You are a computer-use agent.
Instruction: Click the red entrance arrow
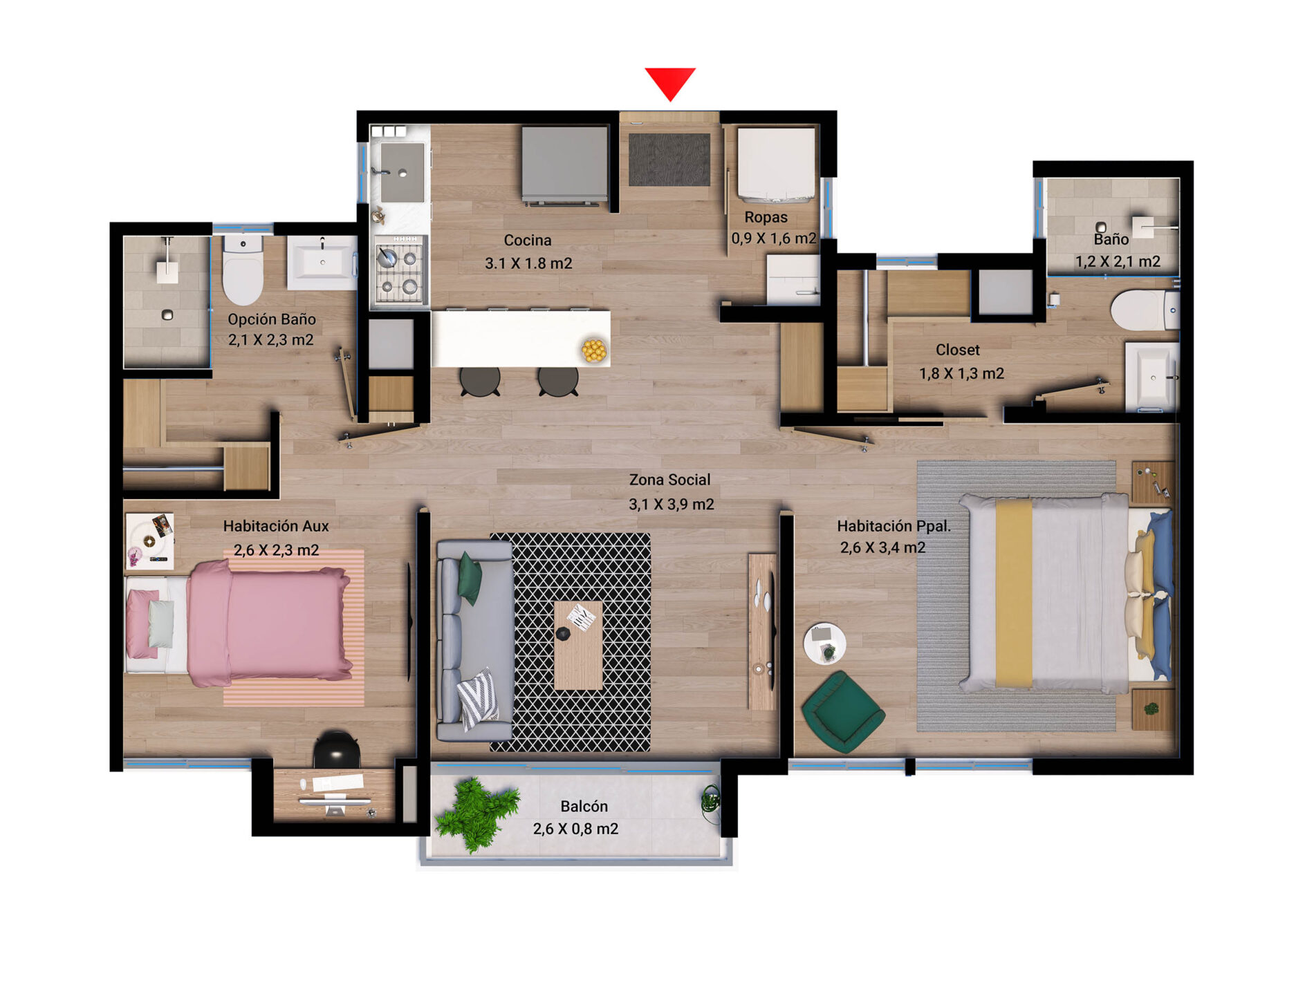[x=670, y=82]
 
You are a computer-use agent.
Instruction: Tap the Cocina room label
[x=528, y=241]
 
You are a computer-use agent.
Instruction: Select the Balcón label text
[x=584, y=806]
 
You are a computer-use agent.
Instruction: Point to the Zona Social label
[x=669, y=480]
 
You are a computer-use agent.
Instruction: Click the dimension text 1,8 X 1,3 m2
[x=961, y=374]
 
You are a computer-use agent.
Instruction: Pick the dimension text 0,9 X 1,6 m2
[x=774, y=238]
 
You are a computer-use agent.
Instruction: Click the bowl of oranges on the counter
[x=594, y=350]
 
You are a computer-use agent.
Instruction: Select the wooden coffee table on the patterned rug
[x=578, y=646]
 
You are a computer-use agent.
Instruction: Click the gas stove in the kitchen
[x=400, y=270]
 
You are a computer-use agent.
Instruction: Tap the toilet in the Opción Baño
[x=243, y=270]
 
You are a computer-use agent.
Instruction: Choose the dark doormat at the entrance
[x=669, y=160]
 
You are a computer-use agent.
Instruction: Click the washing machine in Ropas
[x=776, y=165]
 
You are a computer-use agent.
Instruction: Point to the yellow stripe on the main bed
[x=1014, y=594]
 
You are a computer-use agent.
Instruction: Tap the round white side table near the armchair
[x=824, y=644]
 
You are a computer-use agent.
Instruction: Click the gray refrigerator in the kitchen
[x=565, y=165]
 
